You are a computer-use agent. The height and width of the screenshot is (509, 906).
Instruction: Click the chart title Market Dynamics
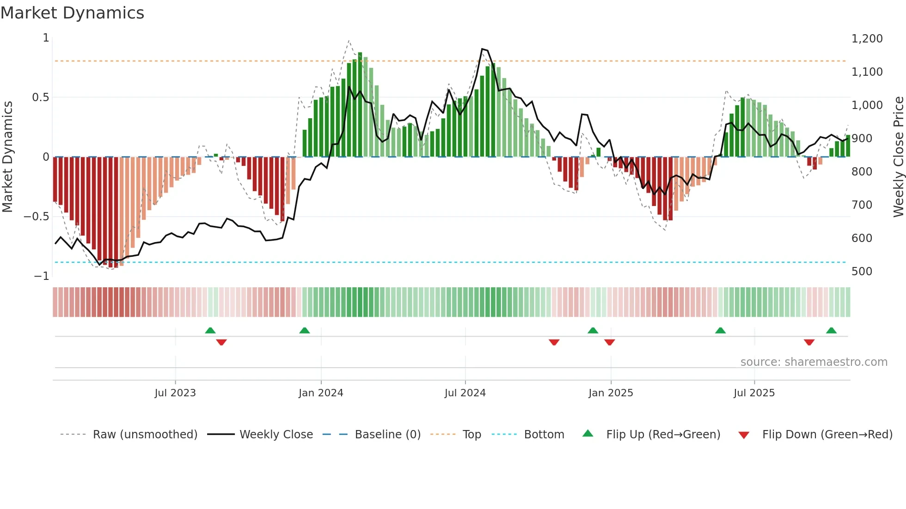tap(72, 13)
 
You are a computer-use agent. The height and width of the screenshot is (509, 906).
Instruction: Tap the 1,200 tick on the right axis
tap(867, 39)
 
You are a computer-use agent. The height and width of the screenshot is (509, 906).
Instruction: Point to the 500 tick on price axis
tap(862, 272)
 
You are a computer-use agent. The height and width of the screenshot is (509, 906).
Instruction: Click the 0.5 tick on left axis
tap(40, 97)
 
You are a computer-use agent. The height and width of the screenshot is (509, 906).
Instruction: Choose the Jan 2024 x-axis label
tap(321, 393)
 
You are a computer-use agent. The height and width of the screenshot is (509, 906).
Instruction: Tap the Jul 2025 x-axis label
tap(754, 393)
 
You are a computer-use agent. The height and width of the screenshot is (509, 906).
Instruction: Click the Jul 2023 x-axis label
tap(175, 393)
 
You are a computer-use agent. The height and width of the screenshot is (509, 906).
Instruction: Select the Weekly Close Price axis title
tap(898, 157)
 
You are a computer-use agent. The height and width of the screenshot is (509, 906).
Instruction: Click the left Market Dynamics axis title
tap(7, 157)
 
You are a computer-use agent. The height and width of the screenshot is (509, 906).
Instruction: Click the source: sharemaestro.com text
tap(814, 362)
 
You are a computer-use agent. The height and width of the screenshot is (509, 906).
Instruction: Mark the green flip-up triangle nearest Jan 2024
tap(304, 330)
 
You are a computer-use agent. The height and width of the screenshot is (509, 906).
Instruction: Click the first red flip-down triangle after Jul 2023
tap(221, 342)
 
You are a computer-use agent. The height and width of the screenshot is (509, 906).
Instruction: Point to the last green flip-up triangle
tap(831, 330)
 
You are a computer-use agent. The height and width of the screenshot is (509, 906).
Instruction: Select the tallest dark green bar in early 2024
tap(360, 104)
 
